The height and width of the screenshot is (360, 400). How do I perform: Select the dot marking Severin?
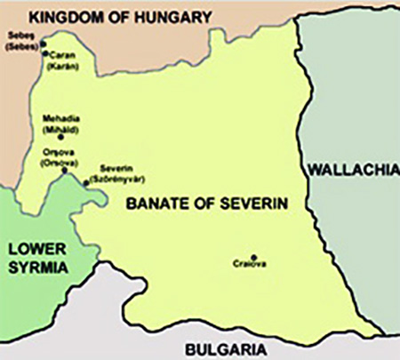click(x=86, y=184)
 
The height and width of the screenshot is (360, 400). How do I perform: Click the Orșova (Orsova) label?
click(x=59, y=157)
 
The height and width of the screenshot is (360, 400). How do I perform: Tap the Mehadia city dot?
click(x=60, y=137)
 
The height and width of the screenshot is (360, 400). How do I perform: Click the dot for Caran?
click(x=45, y=53)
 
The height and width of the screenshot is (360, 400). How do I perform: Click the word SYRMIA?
click(x=38, y=268)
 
